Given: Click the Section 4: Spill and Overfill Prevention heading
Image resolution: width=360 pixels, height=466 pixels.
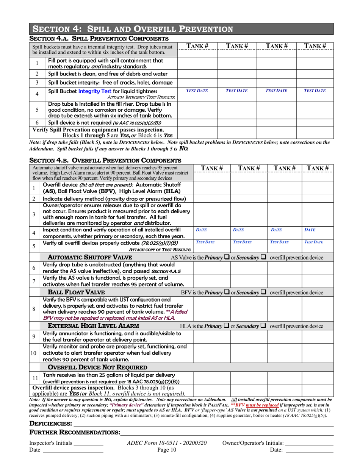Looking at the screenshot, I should point(132,29).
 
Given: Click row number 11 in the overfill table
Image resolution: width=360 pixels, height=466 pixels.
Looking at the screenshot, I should point(33,378).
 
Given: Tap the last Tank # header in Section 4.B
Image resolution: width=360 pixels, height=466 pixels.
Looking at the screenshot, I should point(317,168).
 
